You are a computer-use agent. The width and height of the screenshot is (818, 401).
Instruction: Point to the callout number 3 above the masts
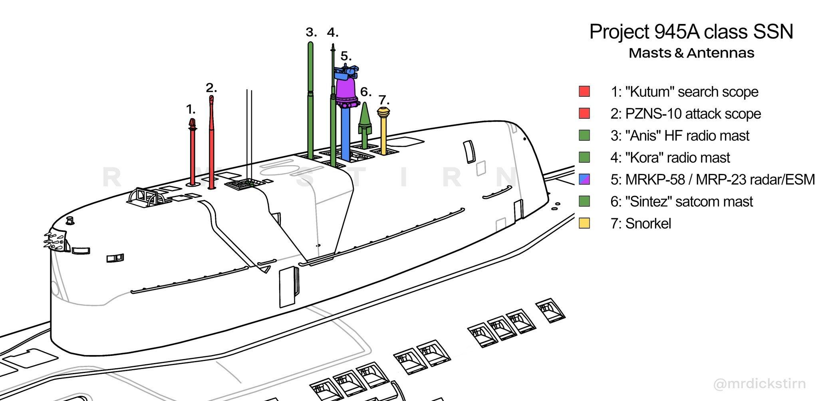(x=312, y=32)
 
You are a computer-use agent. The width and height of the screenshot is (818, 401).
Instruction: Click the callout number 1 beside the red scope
(x=191, y=109)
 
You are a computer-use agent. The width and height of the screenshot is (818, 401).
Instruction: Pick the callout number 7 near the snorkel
(x=383, y=99)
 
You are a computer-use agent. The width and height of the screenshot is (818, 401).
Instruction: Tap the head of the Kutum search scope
(x=193, y=124)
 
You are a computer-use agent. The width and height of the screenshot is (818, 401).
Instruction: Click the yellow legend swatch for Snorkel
(x=584, y=223)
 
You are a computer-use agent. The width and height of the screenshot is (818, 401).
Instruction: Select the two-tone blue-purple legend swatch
(x=584, y=180)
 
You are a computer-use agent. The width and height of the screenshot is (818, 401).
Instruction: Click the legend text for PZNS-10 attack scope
(x=686, y=114)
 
